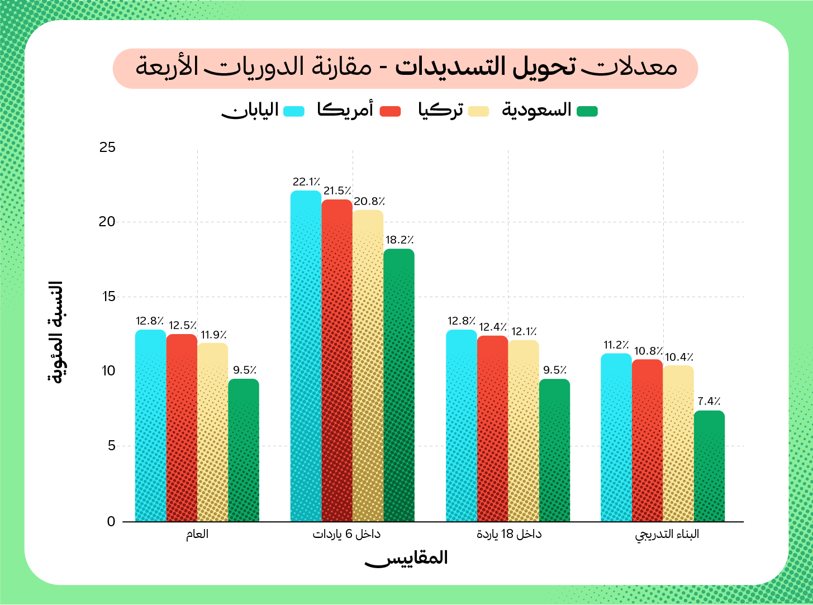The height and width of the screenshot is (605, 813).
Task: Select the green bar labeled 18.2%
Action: click(x=399, y=385)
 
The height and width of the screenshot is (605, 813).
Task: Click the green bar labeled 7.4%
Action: click(x=709, y=466)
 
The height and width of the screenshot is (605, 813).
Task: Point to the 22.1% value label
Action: click(x=306, y=182)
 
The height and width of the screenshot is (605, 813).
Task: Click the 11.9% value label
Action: click(x=213, y=335)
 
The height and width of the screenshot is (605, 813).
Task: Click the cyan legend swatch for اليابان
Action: click(x=294, y=111)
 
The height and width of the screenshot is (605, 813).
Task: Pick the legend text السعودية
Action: click(x=536, y=110)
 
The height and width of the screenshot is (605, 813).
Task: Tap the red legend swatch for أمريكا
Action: click(x=390, y=111)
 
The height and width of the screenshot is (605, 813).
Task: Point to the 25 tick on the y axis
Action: click(x=107, y=147)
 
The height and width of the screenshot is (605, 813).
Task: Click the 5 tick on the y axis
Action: click(x=111, y=446)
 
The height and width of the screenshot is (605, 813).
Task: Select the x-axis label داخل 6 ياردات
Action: click(x=346, y=534)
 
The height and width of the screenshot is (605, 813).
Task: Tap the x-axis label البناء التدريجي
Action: click(x=667, y=535)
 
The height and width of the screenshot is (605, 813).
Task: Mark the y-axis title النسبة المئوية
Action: click(x=55, y=332)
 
